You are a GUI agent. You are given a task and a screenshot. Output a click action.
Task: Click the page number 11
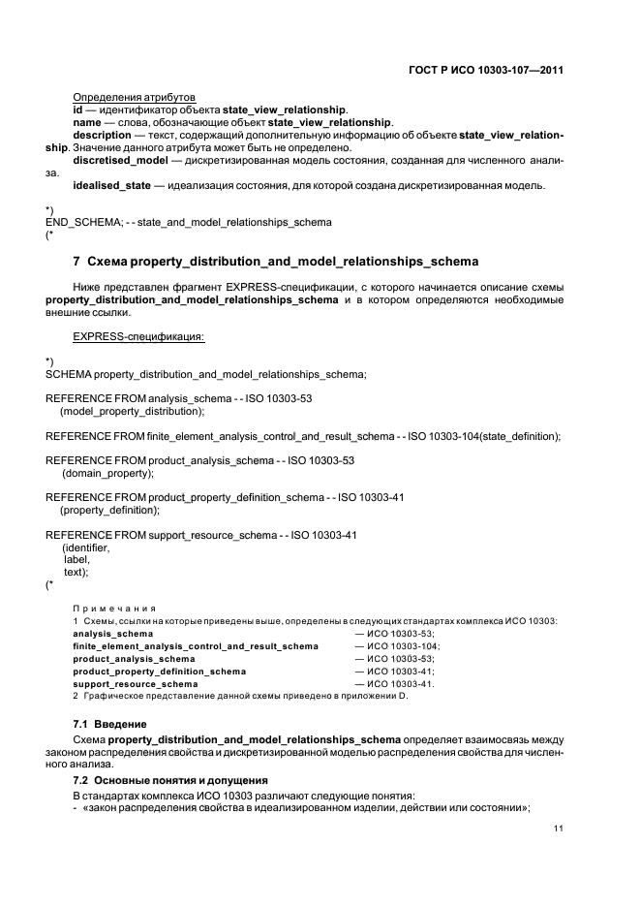pyautogui.click(x=559, y=829)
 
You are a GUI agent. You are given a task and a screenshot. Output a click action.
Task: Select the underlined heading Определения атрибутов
pyautogui.click(x=135, y=97)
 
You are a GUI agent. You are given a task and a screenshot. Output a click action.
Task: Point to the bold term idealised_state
pyautogui.click(x=111, y=185)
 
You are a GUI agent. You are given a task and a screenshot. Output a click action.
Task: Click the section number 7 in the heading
pyautogui.click(x=77, y=262)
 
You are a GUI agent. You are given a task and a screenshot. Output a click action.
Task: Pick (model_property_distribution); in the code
pyautogui.click(x=133, y=411)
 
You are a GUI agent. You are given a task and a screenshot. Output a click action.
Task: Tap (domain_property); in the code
pyautogui.click(x=108, y=473)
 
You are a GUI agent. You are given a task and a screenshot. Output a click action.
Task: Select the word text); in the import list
pyautogui.click(x=76, y=572)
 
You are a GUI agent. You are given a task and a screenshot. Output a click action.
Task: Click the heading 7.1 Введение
pyautogui.click(x=110, y=724)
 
